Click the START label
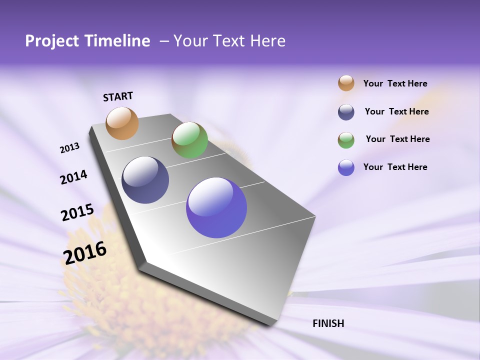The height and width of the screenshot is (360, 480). tap(118, 96)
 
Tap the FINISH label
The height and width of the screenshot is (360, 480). tap(328, 323)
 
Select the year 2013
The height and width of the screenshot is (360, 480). tap(69, 148)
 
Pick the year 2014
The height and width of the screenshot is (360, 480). tap(73, 177)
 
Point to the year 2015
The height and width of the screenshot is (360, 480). tap(77, 212)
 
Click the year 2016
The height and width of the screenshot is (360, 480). tap(85, 253)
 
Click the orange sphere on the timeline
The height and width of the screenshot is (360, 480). tap(122, 123)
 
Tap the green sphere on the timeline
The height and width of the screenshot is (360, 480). tap(189, 140)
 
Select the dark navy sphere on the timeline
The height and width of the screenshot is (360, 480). tap(145, 180)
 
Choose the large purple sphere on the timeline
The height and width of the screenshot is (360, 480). tap(216, 207)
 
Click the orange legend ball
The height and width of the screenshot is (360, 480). tap(346, 83)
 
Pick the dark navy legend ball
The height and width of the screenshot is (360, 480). tap(346, 112)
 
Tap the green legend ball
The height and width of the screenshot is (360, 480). tap(346, 140)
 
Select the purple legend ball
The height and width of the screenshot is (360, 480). tap(346, 167)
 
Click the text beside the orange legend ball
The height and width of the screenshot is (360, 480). tap(395, 84)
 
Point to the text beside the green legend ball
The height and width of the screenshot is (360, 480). tap(397, 139)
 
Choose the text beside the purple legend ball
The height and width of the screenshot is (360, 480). tap(395, 167)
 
